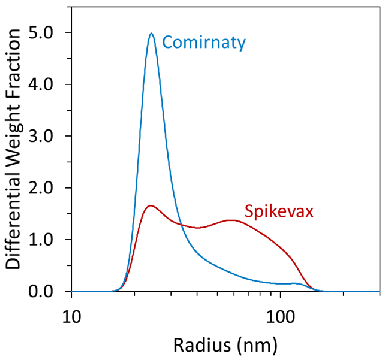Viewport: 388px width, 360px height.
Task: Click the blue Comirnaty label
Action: click(x=204, y=43)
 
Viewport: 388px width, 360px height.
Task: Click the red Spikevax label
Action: click(x=271, y=211)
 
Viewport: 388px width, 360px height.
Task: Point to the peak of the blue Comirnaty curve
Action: click(x=151, y=34)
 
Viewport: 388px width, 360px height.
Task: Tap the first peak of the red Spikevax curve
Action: click(x=150, y=205)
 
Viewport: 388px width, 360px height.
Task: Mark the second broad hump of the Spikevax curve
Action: click(x=231, y=220)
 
